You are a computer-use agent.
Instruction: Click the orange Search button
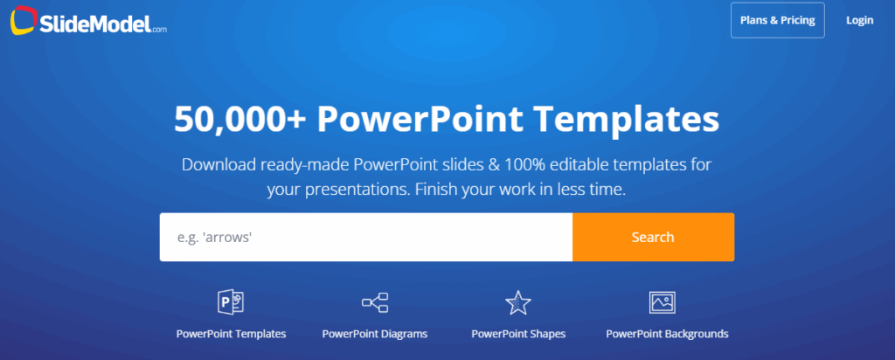click(653, 237)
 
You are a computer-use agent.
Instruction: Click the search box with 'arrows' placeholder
click(365, 237)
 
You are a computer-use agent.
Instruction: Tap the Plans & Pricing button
click(777, 20)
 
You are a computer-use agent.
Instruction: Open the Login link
click(859, 20)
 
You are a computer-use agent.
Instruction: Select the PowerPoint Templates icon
click(230, 303)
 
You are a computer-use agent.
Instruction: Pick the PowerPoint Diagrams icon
click(374, 303)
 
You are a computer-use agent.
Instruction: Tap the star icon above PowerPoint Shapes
click(517, 303)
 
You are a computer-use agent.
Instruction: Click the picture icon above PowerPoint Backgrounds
click(662, 303)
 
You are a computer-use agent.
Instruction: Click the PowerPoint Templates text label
click(231, 334)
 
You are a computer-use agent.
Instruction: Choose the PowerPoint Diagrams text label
click(374, 334)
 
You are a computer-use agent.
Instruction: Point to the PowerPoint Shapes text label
click(518, 334)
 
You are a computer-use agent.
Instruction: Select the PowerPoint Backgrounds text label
click(667, 334)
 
